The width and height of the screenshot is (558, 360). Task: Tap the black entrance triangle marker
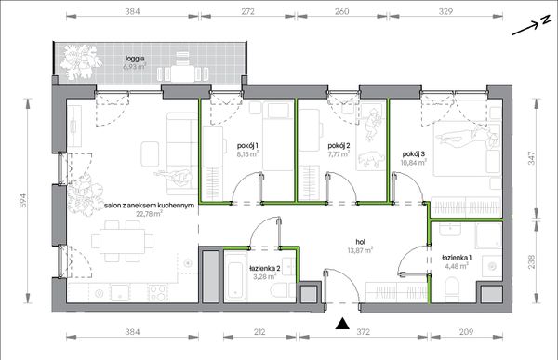coord(342,324)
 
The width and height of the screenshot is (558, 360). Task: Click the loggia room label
coord(135,59)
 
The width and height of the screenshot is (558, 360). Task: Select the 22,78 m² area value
coord(150,214)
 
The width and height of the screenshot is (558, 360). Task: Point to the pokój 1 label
coord(247,145)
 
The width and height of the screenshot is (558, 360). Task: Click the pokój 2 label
coord(339,145)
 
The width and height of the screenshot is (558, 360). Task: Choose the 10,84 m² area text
coord(414,163)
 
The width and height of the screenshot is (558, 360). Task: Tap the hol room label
coord(360,242)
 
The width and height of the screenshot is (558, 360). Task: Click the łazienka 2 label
coord(265,268)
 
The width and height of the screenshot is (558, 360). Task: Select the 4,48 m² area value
coord(457,266)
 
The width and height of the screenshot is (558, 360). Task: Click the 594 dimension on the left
coord(22,201)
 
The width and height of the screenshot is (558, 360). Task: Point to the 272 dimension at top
coord(247,11)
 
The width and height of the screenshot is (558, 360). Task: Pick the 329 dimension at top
coord(445,11)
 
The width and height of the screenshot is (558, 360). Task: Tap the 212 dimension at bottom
coord(259,332)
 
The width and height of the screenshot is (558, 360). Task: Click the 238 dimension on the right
coord(531,261)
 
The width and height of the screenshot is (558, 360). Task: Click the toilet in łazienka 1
coord(452,290)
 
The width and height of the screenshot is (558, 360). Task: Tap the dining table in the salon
coord(122,241)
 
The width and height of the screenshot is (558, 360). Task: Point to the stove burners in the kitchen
coord(157,293)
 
